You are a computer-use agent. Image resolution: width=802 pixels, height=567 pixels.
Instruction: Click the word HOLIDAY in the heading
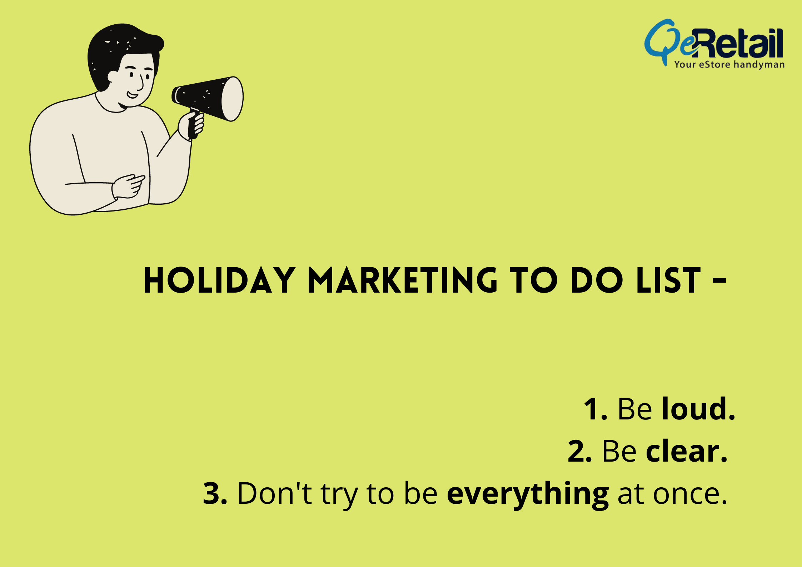click(x=219, y=280)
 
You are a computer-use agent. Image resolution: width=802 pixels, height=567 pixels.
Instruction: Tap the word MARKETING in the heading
click(x=403, y=280)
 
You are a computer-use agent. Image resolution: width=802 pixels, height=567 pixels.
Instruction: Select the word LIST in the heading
click(x=668, y=280)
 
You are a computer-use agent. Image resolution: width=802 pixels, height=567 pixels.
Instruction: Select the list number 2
click(x=580, y=452)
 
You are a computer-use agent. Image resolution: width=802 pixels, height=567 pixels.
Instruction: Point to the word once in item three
click(x=690, y=496)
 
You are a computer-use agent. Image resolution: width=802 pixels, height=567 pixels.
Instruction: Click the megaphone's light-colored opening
click(x=232, y=99)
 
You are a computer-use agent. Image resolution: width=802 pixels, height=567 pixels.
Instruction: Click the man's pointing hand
click(x=128, y=186)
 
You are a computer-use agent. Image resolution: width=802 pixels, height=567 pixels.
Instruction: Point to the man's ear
click(x=113, y=76)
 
